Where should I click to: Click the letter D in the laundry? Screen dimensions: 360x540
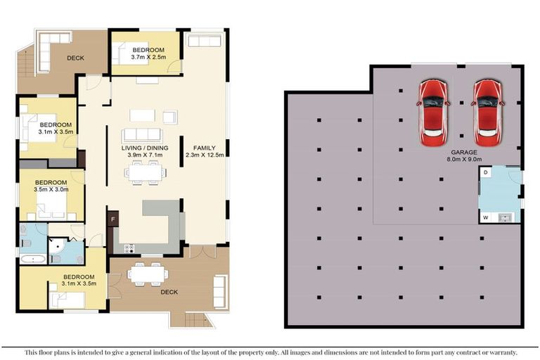(x=485, y=173)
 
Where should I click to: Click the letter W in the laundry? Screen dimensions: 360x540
(x=485, y=217)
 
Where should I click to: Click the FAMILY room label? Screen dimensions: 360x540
(x=204, y=146)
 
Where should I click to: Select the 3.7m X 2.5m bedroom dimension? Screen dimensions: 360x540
(x=148, y=58)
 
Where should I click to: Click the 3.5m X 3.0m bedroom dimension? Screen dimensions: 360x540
(x=51, y=189)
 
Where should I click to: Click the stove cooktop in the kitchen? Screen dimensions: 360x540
(x=129, y=248)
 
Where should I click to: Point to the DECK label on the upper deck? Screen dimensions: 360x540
(x=76, y=58)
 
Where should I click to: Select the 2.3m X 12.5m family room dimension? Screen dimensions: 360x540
(x=204, y=155)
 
